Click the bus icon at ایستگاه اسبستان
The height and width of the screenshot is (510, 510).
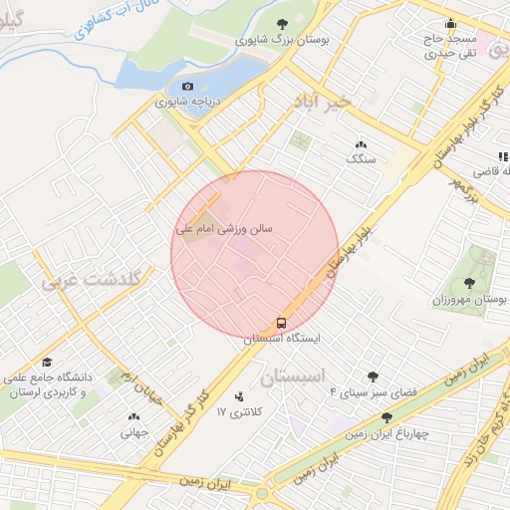[282, 323]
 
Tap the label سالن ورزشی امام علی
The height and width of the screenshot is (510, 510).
[224, 229]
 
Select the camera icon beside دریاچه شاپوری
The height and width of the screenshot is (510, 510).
[187, 87]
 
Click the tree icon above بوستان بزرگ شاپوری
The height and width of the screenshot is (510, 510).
[282, 24]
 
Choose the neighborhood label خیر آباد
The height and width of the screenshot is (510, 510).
[324, 102]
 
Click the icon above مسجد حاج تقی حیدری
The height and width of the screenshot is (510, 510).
[450, 24]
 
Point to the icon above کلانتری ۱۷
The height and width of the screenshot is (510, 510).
[239, 396]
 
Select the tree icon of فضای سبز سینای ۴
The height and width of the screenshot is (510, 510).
[373, 377]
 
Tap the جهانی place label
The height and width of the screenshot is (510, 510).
[133, 432]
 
